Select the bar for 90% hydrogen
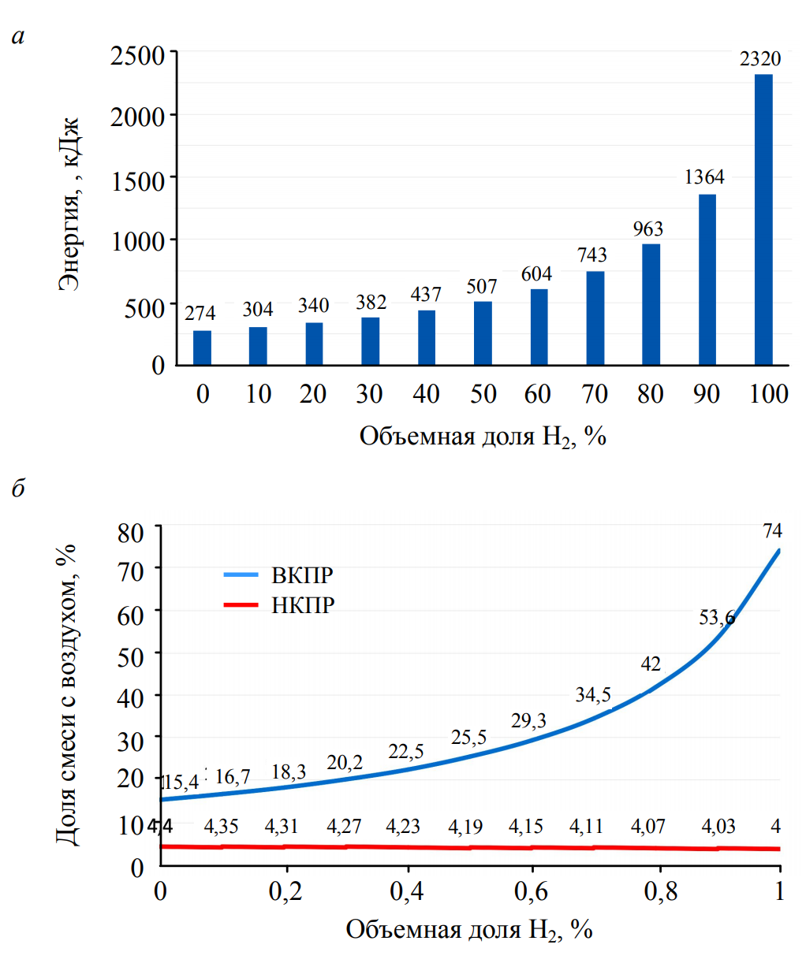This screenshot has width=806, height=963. tap(707, 279)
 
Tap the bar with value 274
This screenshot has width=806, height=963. tap(202, 348)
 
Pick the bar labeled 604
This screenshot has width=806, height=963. tap(539, 326)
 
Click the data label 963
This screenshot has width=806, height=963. tap(648, 229)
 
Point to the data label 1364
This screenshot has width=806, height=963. tap(704, 177)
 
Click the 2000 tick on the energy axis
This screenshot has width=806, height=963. tap(138, 117)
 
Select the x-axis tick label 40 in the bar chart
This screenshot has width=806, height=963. tap(426, 394)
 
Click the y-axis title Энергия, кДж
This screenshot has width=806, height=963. tap(70, 205)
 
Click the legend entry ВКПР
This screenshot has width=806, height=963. tap(302, 574)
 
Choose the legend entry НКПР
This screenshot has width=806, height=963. tap(303, 605)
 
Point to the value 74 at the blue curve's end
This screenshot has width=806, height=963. tap(772, 532)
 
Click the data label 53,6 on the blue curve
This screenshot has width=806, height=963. tap(717, 618)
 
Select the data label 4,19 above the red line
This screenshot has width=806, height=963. tap(465, 827)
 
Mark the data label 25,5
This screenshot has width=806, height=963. tap(468, 738)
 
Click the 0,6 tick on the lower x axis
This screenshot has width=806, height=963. tap(532, 891)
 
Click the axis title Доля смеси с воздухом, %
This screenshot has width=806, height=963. tap(70, 693)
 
